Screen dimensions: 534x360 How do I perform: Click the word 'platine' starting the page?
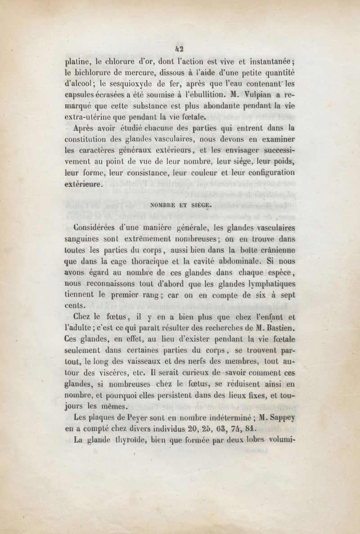(77, 62)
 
